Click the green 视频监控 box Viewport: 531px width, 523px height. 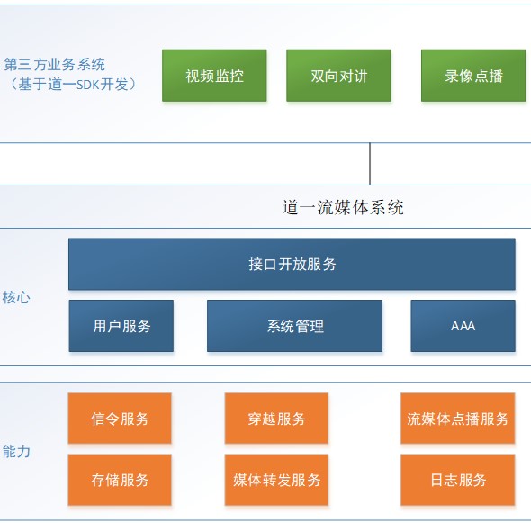(x=214, y=76)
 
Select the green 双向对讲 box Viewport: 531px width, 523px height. (x=338, y=76)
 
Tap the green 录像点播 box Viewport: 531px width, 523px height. (x=473, y=76)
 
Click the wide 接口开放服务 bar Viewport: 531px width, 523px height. (x=292, y=265)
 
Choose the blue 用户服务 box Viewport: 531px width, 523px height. (x=121, y=326)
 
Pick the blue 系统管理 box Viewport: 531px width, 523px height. (x=294, y=326)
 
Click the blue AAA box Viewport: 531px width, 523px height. (x=463, y=326)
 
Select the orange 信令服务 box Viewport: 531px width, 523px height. (x=120, y=419)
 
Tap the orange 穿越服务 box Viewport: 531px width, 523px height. (x=276, y=419)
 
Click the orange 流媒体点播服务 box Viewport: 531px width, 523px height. (x=458, y=419)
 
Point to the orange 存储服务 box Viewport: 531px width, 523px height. (x=120, y=480)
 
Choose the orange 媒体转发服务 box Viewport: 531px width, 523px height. (x=276, y=480)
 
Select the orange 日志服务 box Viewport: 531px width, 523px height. (x=458, y=480)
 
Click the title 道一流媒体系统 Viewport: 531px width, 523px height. (x=343, y=207)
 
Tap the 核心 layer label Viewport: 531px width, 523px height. (x=16, y=298)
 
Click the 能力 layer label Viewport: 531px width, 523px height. (x=16, y=452)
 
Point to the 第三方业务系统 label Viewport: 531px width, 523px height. (x=55, y=64)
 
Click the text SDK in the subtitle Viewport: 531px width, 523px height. (x=87, y=85)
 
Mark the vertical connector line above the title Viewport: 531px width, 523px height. (x=370, y=164)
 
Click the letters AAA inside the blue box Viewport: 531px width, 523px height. (x=463, y=326)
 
